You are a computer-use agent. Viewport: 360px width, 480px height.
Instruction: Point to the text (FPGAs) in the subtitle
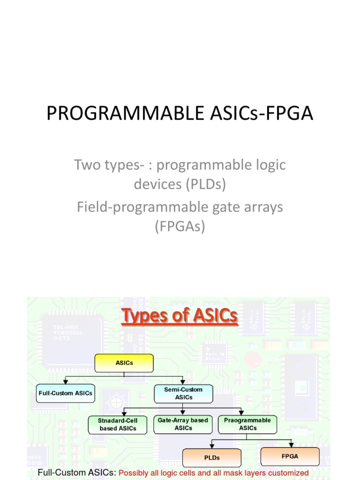[180, 227]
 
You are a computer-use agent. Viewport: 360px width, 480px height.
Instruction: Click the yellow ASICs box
[124, 363]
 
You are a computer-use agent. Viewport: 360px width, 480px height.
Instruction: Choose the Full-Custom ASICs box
[65, 393]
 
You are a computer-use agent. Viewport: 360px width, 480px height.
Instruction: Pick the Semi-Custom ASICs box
[183, 393]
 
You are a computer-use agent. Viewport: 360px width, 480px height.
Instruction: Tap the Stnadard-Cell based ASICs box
[118, 424]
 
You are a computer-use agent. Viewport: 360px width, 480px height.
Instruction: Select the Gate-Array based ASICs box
[183, 424]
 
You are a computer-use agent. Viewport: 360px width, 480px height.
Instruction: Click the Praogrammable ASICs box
[247, 424]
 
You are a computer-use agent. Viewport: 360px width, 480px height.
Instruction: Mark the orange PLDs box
[212, 457]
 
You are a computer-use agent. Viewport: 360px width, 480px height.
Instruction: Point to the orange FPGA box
[290, 456]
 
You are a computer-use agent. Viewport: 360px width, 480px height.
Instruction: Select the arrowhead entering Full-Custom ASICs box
[65, 382]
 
